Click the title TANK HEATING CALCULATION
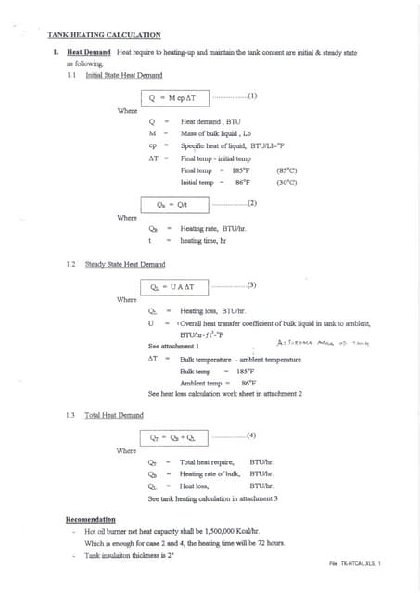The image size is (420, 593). [x=104, y=34]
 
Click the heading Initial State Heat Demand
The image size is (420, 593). [x=123, y=74]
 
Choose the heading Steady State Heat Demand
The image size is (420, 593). [x=124, y=265]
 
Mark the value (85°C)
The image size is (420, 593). [x=286, y=170]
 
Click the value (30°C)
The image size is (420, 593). [x=286, y=183]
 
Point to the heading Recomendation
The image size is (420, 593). [x=91, y=520]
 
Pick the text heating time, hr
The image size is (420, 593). [x=203, y=241]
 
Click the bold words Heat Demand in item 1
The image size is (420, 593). [x=90, y=53]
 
